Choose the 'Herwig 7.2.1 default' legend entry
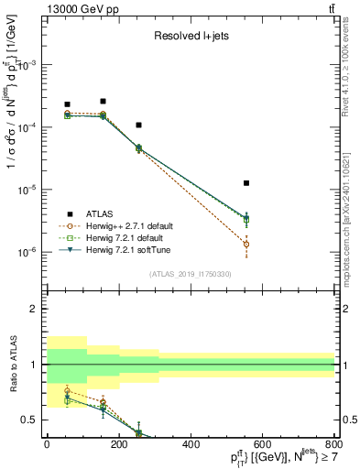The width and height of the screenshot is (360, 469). pyautogui.click(x=125, y=237)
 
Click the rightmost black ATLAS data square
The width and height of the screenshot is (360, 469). pyautogui.click(x=245, y=183)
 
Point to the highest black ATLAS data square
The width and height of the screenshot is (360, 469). pyautogui.click(x=104, y=101)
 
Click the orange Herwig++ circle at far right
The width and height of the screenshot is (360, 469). pyautogui.click(x=245, y=244)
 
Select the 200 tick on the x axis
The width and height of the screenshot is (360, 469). pyautogui.click(x=118, y=444)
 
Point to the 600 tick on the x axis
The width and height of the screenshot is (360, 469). pyautogui.click(x=262, y=444)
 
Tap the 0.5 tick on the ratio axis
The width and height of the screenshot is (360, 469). pyautogui.click(x=30, y=420)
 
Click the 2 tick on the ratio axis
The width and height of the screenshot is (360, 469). pyautogui.click(x=34, y=309)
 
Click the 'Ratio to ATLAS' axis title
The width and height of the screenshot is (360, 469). pyautogui.click(x=11, y=364)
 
